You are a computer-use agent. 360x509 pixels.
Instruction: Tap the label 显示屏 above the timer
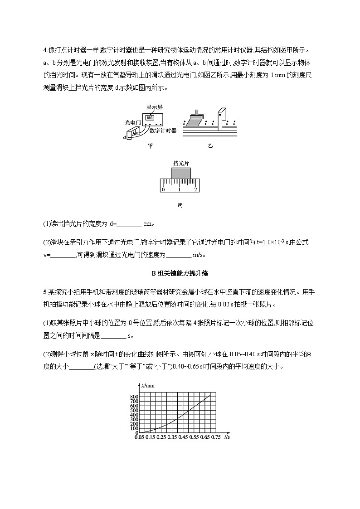155,107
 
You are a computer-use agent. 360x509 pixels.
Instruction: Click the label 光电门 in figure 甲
133,122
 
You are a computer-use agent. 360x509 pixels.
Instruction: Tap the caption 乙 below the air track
210,146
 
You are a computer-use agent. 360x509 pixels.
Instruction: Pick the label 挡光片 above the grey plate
180,163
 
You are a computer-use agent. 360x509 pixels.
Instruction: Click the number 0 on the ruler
163,189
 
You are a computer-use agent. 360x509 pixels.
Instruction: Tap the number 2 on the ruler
195,189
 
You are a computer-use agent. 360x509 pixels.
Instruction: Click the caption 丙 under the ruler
180,205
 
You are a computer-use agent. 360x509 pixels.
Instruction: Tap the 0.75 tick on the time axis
216,437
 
